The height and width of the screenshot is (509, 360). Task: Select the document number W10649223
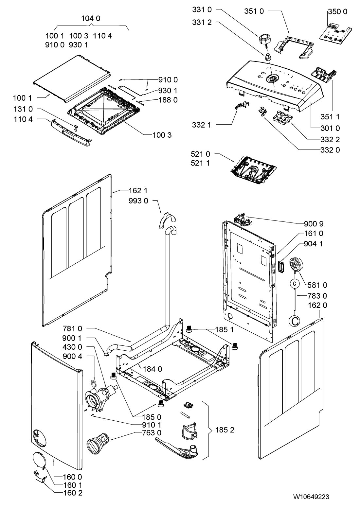coord(311,497)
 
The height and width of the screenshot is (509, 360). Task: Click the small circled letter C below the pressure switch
coord(295,284)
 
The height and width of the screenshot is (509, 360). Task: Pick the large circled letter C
coord(295,321)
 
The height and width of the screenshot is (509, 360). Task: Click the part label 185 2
coord(225,430)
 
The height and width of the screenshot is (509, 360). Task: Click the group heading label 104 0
coord(91,18)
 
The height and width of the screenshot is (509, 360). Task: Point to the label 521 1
coord(200,163)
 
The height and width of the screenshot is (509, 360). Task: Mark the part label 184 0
coord(153,369)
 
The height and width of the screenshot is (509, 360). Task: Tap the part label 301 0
coord(330,128)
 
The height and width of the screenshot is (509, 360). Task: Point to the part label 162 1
coord(138,191)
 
